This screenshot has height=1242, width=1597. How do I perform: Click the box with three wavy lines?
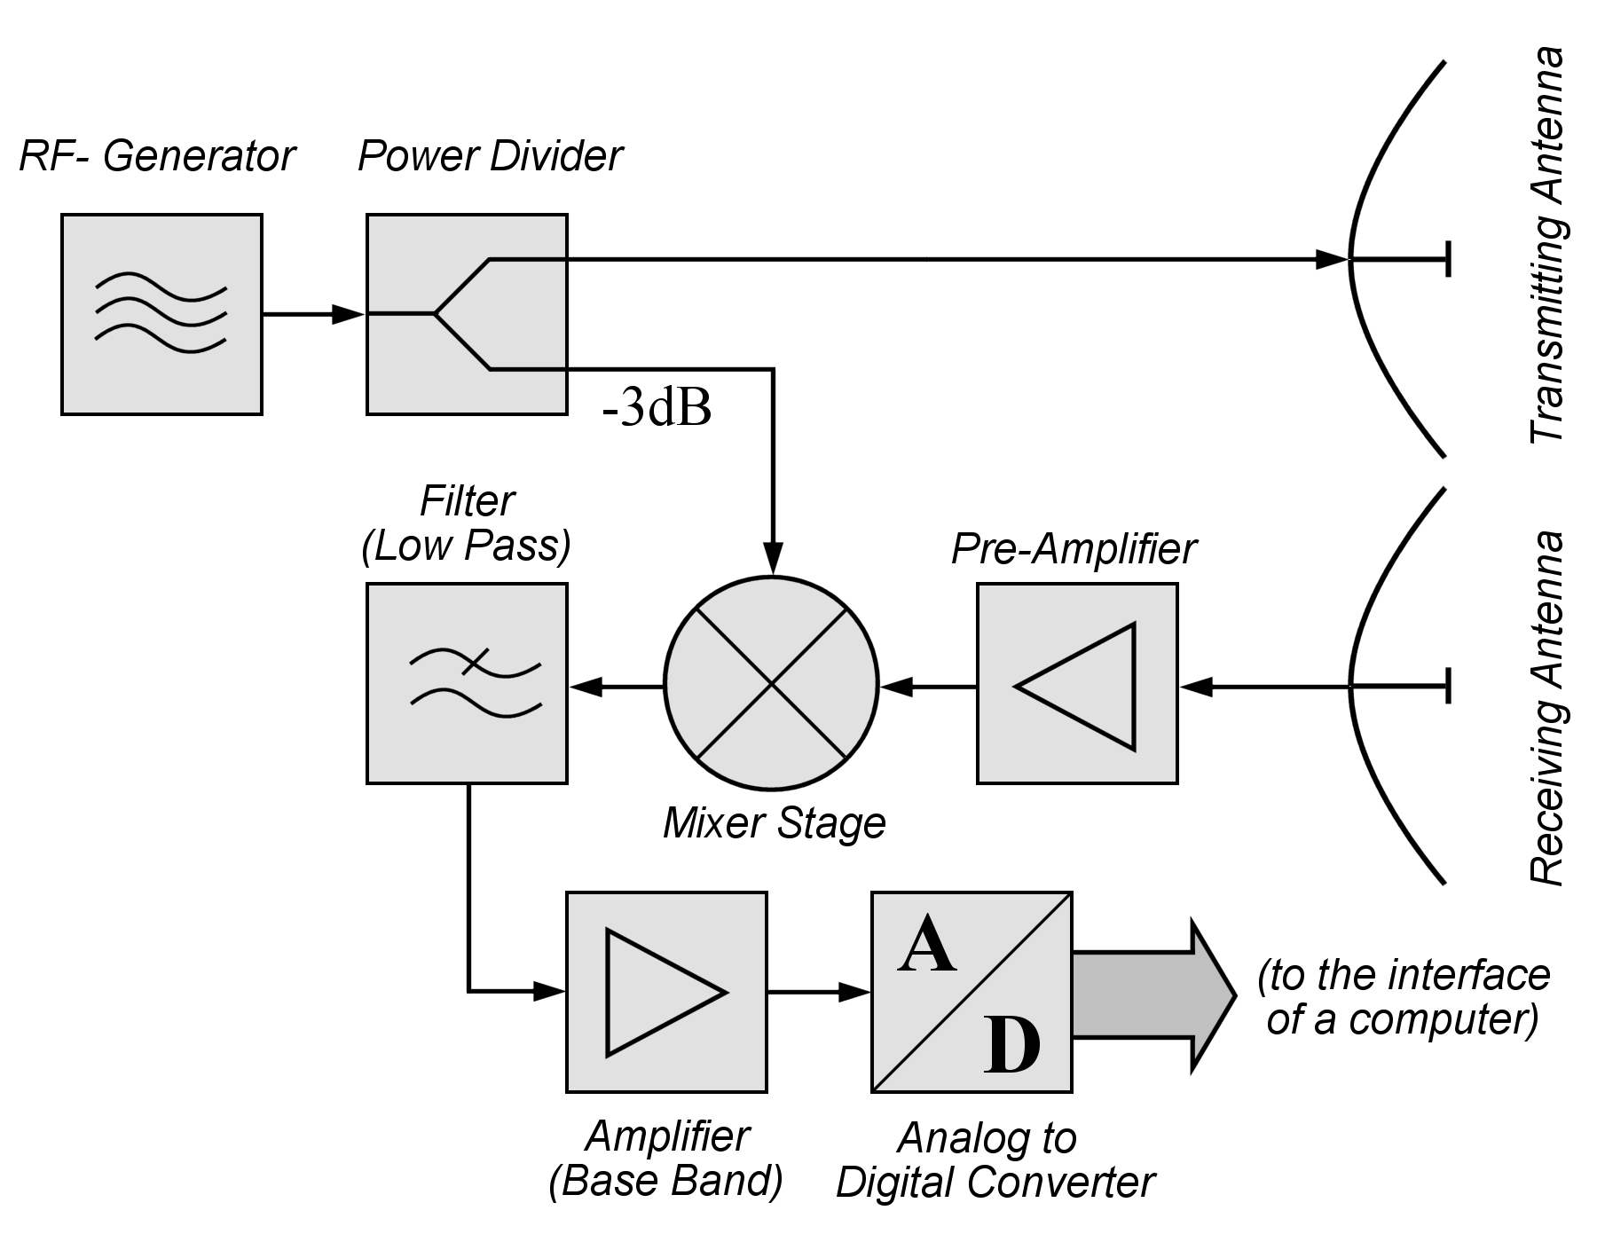point(161,314)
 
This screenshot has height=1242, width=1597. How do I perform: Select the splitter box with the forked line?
point(467,314)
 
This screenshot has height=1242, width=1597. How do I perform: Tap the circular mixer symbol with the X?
point(771,683)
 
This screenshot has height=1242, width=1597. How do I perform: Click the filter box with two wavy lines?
point(467,683)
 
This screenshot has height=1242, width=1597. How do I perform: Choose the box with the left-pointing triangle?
point(1077,683)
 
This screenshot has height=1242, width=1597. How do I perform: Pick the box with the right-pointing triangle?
point(666,992)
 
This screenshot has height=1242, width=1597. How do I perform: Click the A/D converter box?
point(972,992)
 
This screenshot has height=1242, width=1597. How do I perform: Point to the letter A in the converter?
point(926,946)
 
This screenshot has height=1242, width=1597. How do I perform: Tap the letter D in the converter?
point(1011,1047)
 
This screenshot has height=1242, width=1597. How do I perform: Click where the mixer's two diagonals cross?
point(771,683)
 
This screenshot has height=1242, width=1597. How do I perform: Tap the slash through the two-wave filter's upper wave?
point(476,661)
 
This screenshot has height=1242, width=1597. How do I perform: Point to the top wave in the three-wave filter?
point(161,286)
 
